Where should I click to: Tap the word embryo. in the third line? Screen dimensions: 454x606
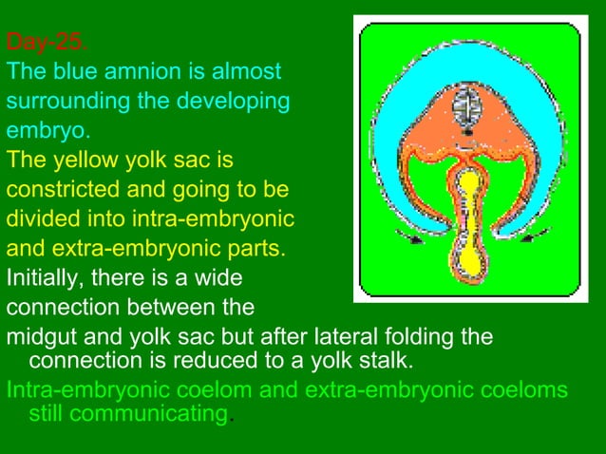coord(39,130)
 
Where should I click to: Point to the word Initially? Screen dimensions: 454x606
coord(41,279)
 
